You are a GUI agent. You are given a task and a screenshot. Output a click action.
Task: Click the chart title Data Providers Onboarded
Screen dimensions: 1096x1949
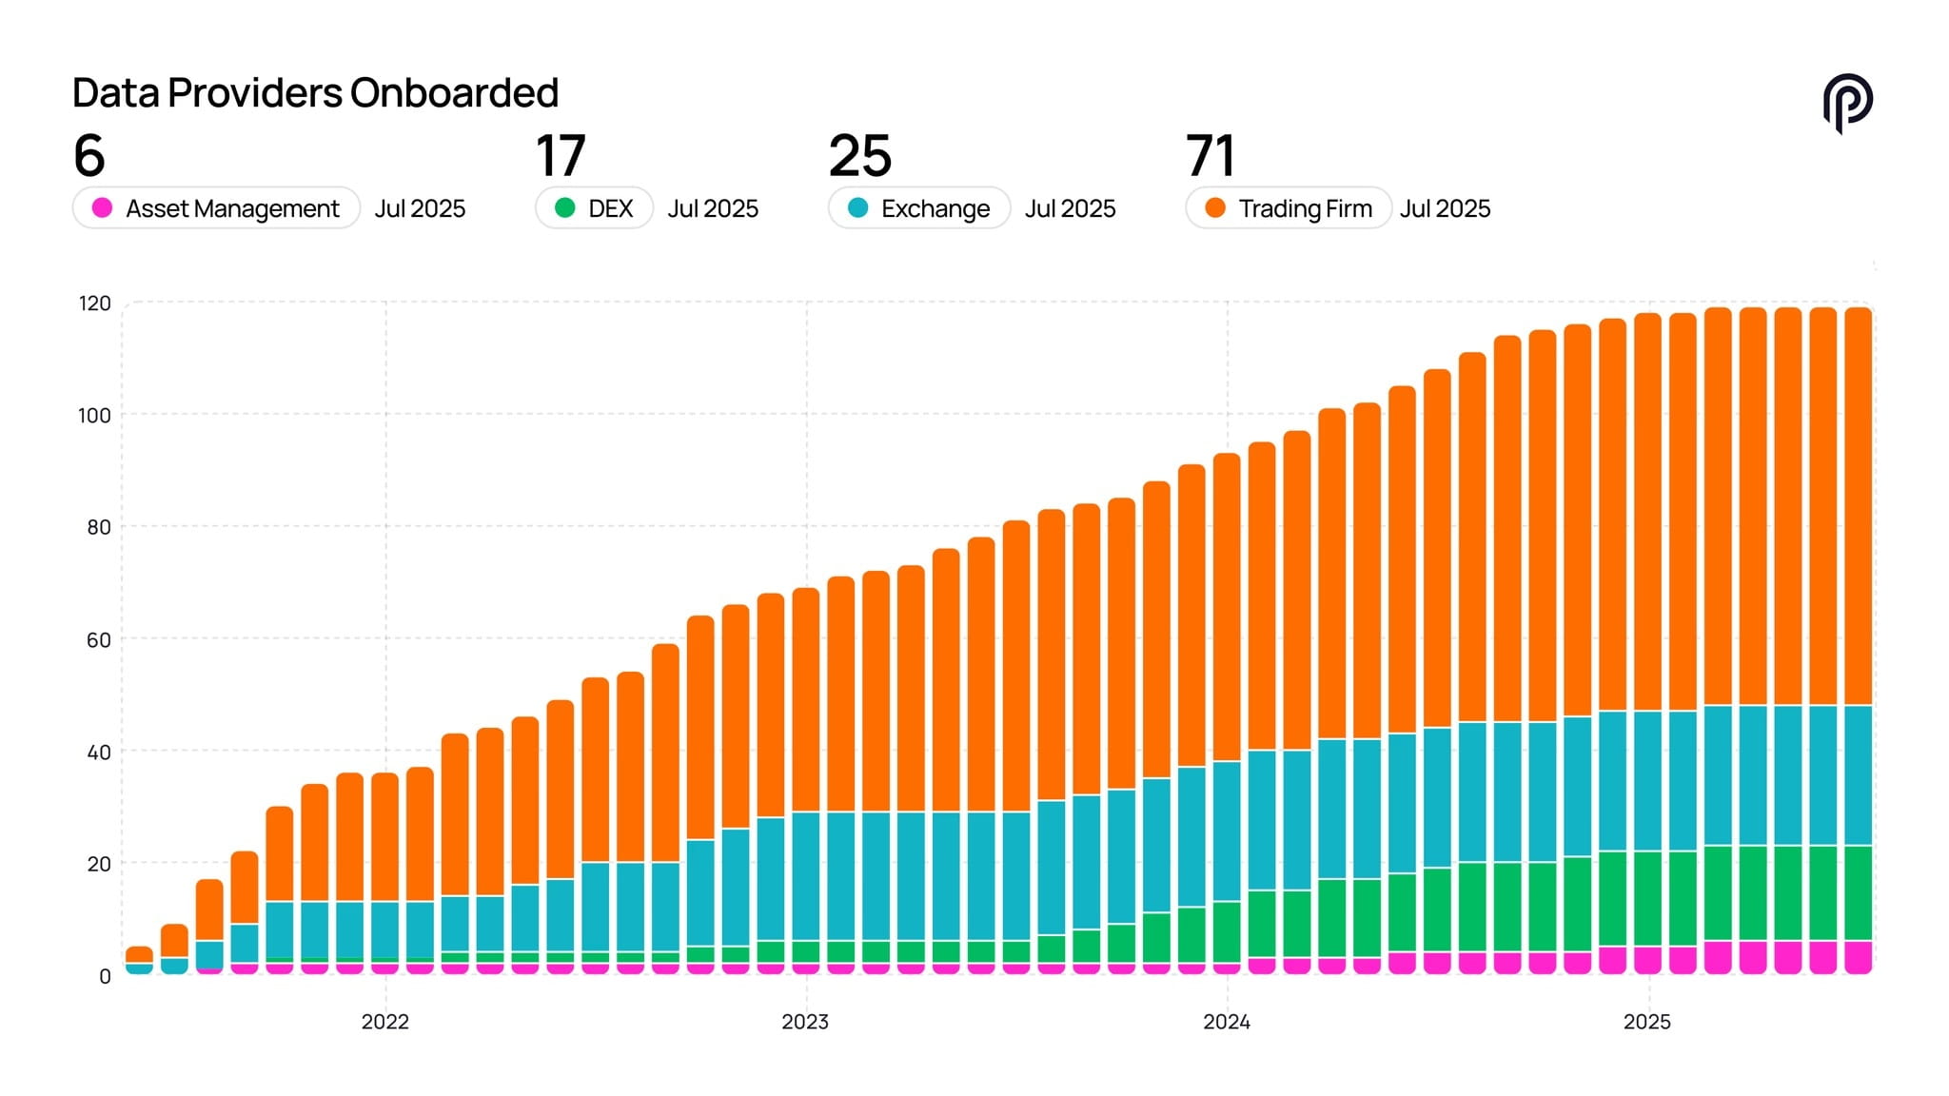tap(315, 93)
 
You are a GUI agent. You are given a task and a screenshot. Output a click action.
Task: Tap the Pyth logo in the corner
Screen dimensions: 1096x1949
tap(1847, 103)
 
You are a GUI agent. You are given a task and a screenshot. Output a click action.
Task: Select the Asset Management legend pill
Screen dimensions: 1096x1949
tap(216, 208)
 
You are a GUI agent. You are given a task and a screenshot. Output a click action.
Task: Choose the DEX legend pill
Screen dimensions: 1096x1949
tap(594, 208)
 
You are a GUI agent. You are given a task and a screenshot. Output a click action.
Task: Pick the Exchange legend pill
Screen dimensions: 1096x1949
tap(918, 208)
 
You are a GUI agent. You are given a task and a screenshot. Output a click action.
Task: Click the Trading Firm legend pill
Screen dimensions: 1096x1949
tap(1288, 208)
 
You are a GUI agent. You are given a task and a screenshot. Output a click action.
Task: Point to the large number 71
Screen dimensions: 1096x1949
tap(1210, 156)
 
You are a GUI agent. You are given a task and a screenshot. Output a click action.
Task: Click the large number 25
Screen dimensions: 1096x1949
tap(859, 156)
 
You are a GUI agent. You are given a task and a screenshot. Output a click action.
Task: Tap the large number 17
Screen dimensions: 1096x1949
tap(560, 156)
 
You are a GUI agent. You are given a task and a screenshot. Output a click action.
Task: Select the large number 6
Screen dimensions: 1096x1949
tap(89, 156)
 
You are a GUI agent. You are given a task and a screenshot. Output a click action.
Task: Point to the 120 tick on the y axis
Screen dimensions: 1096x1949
tap(94, 303)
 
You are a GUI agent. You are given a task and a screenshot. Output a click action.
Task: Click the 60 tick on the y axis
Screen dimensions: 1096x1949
tap(98, 640)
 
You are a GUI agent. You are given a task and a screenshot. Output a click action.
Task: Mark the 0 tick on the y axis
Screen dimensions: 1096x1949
tap(105, 976)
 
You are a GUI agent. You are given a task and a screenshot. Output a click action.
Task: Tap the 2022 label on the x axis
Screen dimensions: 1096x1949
tap(384, 1022)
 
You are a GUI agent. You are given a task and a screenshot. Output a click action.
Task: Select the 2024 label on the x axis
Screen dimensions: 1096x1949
tap(1226, 1022)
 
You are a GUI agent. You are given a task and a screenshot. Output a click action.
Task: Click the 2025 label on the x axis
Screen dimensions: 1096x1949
tap(1646, 1022)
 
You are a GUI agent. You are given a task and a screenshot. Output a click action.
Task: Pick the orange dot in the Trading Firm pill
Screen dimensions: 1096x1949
tap(1215, 207)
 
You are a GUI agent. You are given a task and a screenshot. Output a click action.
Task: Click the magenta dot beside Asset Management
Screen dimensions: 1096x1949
tap(102, 207)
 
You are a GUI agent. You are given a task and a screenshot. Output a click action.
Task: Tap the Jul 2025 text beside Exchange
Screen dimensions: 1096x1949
tap(1070, 208)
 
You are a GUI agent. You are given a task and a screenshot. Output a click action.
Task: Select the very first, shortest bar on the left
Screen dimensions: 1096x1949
tap(139, 961)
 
